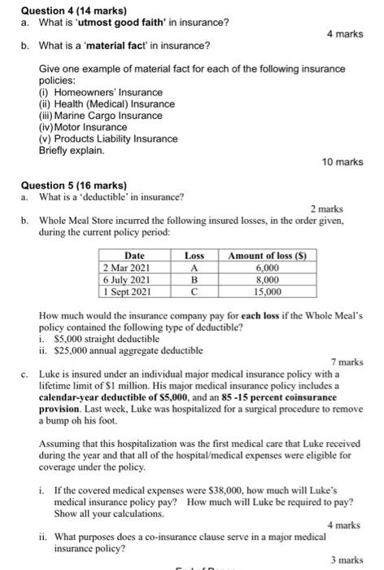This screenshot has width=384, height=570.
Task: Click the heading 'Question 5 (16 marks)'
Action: [x=63, y=184]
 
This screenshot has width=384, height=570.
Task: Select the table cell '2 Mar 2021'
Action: [x=128, y=267]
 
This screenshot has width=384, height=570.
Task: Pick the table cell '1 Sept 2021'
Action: [x=128, y=290]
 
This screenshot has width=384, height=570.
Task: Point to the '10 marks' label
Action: [x=342, y=162]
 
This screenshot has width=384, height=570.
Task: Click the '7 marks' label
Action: [x=346, y=361]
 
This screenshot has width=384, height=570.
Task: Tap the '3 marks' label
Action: [x=347, y=560]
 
